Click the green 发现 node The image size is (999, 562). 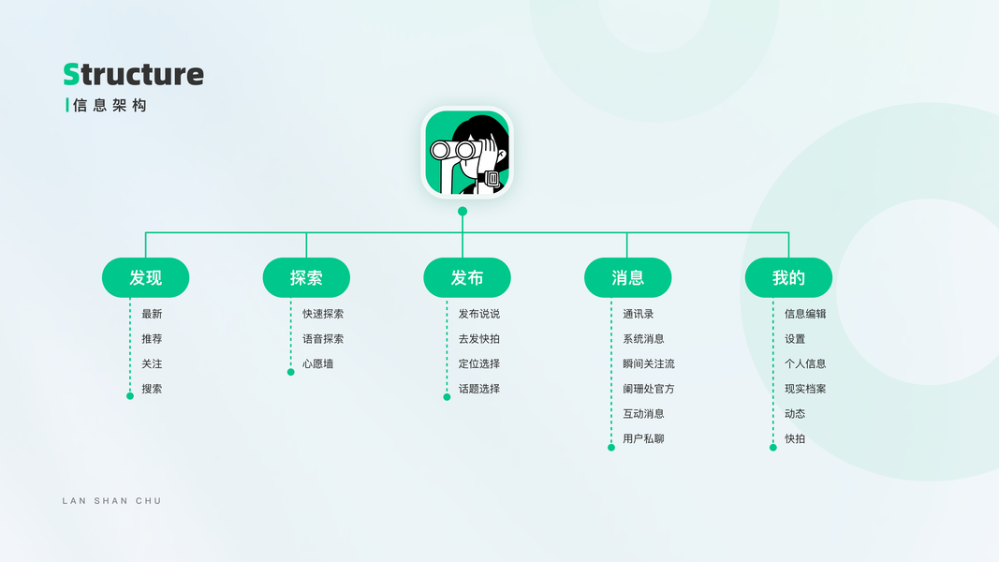pyautogui.click(x=145, y=277)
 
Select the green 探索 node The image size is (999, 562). pyautogui.click(x=306, y=277)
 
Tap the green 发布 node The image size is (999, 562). pyautogui.click(x=467, y=277)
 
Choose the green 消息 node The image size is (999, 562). pyautogui.click(x=628, y=277)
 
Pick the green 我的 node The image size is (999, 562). pyautogui.click(x=788, y=277)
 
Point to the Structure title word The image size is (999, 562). pyautogui.click(x=133, y=74)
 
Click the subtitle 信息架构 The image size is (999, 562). pyautogui.click(x=110, y=105)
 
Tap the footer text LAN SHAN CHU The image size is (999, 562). pyautogui.click(x=111, y=501)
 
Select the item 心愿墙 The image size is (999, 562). pyautogui.click(x=317, y=363)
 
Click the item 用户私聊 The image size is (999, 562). pyautogui.click(x=643, y=438)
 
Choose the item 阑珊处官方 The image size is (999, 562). pyautogui.click(x=648, y=389)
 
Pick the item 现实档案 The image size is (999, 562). pyautogui.click(x=805, y=389)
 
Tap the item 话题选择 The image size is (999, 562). pyautogui.click(x=478, y=389)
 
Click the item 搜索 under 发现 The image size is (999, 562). pyautogui.click(x=152, y=389)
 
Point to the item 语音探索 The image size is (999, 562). pyautogui.click(x=323, y=339)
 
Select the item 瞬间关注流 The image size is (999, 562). pyautogui.click(x=648, y=363)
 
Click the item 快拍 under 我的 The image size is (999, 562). pyautogui.click(x=795, y=438)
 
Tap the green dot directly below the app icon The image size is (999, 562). pyautogui.click(x=463, y=212)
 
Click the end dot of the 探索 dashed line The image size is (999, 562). pyautogui.click(x=290, y=372)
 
